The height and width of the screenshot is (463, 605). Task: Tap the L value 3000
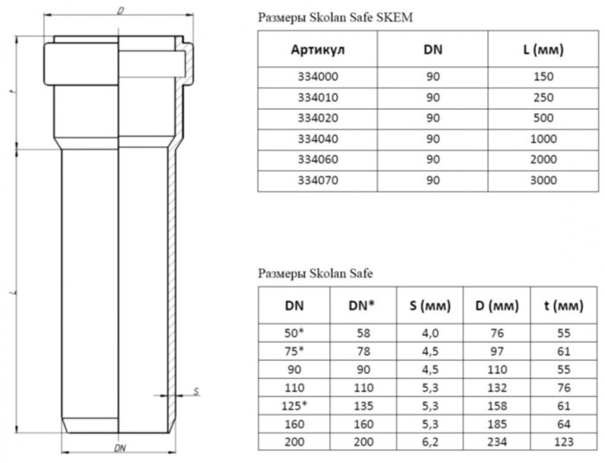(544, 180)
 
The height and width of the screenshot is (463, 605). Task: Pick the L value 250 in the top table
(544, 97)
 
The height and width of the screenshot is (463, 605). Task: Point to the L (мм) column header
(544, 50)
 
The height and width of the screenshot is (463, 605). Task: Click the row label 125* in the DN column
(293, 403)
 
